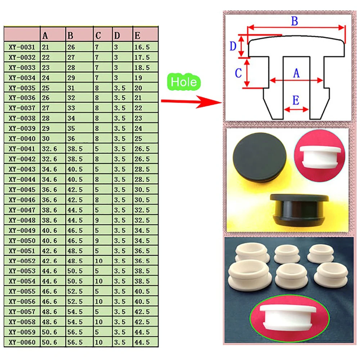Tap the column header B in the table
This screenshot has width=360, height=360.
coord(70,36)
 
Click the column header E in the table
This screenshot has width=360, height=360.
coord(137,36)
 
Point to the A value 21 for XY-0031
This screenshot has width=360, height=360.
coord(45,47)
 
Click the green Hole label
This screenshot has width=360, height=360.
coord(184,82)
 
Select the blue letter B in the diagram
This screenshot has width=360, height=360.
coord(294,21)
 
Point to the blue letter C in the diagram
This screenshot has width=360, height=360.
coord(238,73)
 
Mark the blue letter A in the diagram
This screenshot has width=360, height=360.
coord(296,73)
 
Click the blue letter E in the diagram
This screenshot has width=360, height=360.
coord(296,100)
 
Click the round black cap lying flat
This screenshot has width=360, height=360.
coord(260,155)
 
